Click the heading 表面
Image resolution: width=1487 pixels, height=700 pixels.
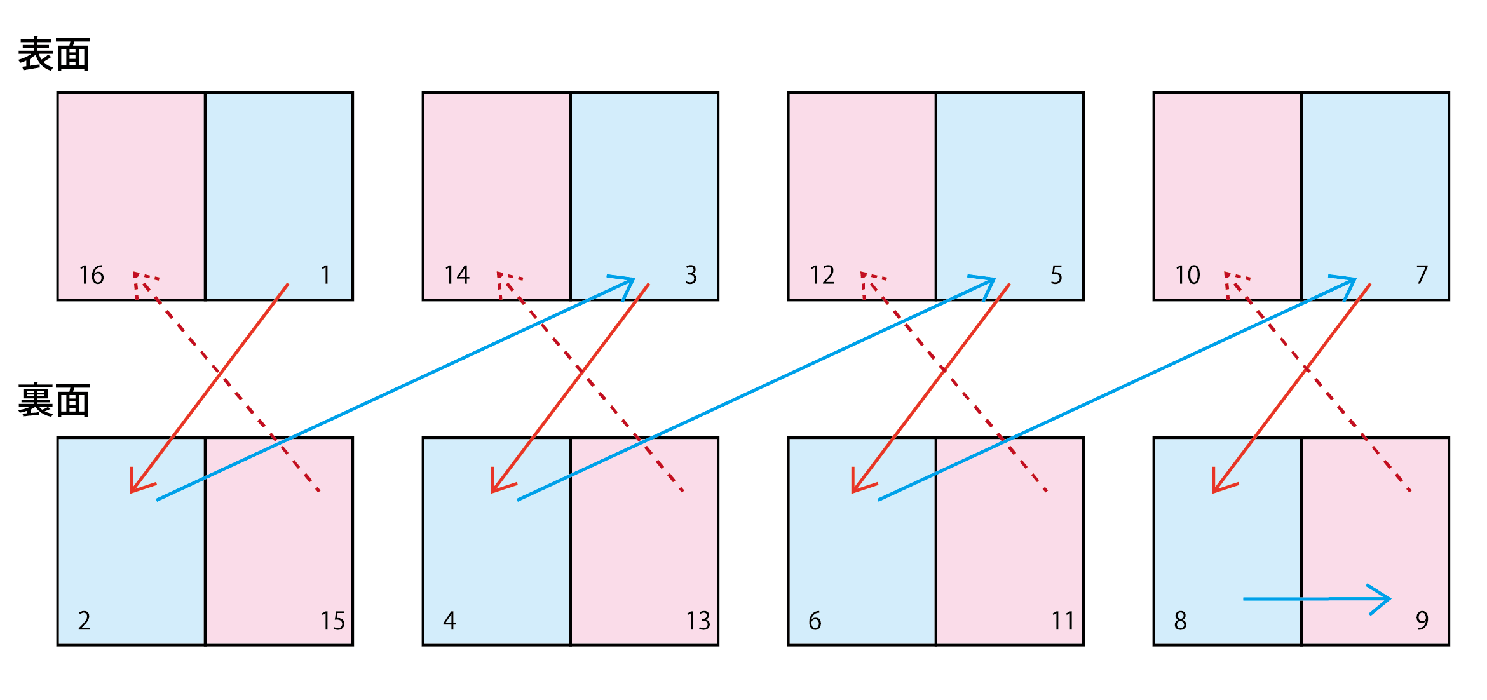[x=54, y=54]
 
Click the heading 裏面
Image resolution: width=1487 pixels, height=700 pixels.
[x=54, y=400]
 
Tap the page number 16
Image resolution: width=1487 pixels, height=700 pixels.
[x=92, y=275]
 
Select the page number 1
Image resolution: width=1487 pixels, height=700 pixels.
[x=325, y=275]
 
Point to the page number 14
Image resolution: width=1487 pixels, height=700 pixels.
[x=457, y=275]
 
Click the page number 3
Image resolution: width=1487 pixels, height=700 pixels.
[x=691, y=275]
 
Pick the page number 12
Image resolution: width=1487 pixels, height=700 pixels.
[x=822, y=275]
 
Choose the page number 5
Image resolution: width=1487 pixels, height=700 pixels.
[x=1056, y=275]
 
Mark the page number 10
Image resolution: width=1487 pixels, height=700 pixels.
[x=1188, y=275]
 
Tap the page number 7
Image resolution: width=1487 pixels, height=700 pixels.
[x=1422, y=275]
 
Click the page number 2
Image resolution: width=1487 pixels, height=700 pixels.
[x=85, y=621]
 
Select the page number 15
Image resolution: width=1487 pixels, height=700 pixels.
[x=332, y=621]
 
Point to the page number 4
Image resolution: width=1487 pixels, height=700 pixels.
[x=450, y=621]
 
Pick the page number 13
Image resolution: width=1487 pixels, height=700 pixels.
[x=698, y=621]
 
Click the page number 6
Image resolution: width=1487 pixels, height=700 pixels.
[x=815, y=621]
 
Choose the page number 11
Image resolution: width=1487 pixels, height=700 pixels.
[x=1063, y=621]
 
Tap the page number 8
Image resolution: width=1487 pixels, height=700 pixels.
[x=1181, y=621]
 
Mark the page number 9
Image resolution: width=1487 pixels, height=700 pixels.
[x=1422, y=621]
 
